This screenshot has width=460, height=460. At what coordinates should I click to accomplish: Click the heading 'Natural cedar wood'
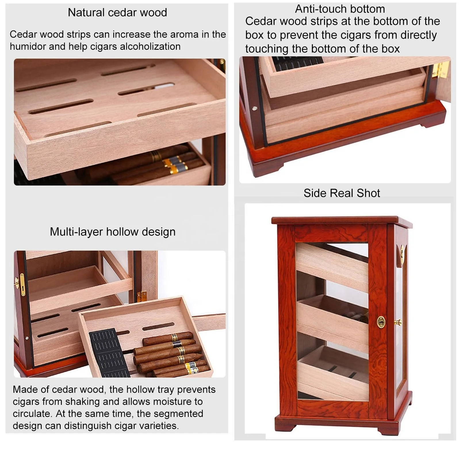pyautogui.click(x=117, y=13)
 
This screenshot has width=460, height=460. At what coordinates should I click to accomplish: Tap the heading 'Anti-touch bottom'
pyautogui.click(x=340, y=9)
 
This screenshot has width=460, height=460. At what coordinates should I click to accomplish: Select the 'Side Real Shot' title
pyautogui.click(x=342, y=193)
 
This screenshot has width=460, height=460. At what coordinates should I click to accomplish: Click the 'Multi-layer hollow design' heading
pyautogui.click(x=112, y=232)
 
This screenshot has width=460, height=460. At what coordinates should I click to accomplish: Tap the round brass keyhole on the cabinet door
pyautogui.click(x=381, y=322)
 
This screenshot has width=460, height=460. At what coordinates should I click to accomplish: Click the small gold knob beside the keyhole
pyautogui.click(x=398, y=322)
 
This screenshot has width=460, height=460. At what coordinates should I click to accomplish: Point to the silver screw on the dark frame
pyautogui.click(x=254, y=108)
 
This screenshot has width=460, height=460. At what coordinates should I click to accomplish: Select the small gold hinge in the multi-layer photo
pyautogui.click(x=142, y=296)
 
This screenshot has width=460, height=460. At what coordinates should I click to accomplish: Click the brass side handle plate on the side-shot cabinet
pyautogui.click(x=402, y=255)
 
